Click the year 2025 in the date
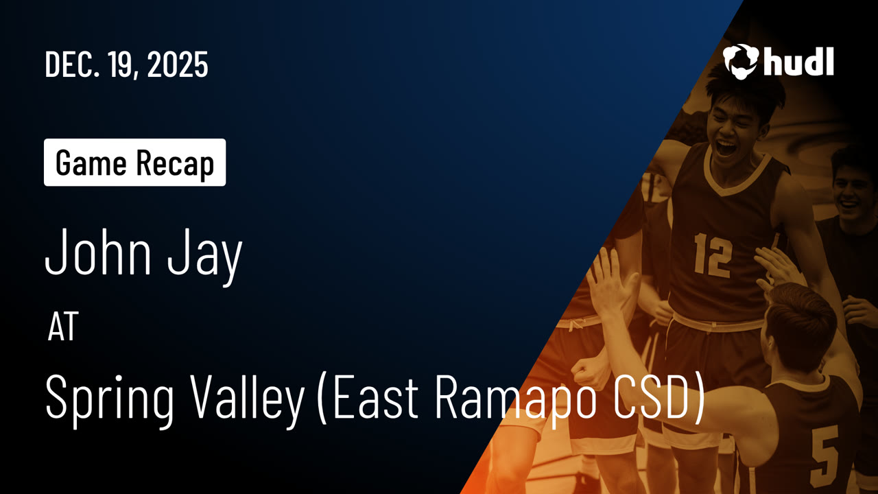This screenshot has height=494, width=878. pyautogui.click(x=178, y=64)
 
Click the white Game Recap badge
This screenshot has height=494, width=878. pyautogui.click(x=135, y=163)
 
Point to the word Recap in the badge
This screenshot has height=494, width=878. pyautogui.click(x=175, y=164)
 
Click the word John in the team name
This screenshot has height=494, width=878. pyautogui.click(x=98, y=252)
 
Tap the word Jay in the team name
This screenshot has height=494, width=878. pyautogui.click(x=205, y=257)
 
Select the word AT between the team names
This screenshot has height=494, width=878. pyautogui.click(x=63, y=327)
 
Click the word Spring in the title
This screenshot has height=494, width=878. pyautogui.click(x=109, y=400)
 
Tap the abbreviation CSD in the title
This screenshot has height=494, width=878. pyautogui.click(x=654, y=396)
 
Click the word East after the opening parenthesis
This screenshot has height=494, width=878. pyautogui.click(x=375, y=396)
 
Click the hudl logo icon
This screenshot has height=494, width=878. pyautogui.click(x=741, y=62)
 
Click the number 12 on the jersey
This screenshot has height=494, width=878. pyautogui.click(x=713, y=255)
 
